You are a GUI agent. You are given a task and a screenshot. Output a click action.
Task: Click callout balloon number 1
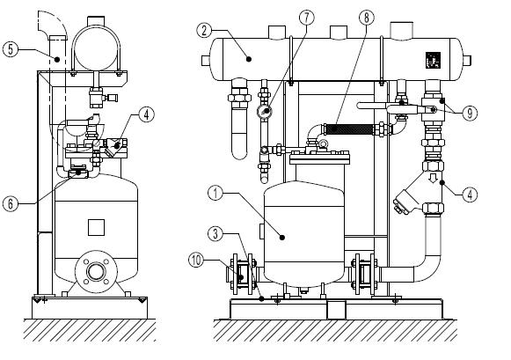[215, 194]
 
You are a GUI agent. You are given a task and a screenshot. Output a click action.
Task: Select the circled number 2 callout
[204, 31]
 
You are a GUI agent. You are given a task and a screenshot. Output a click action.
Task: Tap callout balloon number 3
[215, 234]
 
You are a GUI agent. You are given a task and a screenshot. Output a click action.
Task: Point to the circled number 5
[11, 49]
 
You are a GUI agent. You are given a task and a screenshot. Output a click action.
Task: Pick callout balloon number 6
[11, 204]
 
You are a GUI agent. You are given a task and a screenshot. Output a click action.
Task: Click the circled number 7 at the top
[306, 18]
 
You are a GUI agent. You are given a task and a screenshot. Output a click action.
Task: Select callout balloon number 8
[367, 18]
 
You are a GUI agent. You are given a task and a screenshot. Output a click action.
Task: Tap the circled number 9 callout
[470, 114]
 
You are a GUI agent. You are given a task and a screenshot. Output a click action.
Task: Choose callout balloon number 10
[196, 261]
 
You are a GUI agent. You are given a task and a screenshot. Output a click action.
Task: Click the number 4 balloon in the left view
[146, 114]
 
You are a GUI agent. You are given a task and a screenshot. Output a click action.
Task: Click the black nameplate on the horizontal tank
[433, 61]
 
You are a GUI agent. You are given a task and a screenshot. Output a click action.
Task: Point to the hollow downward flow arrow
[433, 178]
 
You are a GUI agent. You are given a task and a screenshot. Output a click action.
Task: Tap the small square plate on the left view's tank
[96, 227]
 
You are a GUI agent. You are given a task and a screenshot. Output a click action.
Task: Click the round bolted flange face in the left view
[96, 271]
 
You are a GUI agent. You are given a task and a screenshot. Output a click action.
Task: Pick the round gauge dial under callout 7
[265, 112]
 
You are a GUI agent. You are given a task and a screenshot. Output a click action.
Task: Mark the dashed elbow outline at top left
[52, 26]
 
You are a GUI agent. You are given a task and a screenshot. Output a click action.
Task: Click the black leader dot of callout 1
[282, 238]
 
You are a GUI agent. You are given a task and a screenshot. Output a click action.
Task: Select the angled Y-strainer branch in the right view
[405, 202]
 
